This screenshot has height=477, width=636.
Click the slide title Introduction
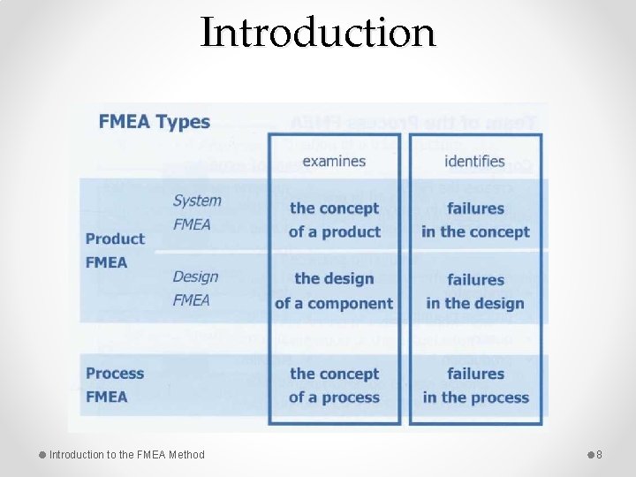(318, 33)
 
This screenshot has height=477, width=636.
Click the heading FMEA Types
(155, 122)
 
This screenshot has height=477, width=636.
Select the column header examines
(334, 161)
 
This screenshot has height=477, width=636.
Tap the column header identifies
(475, 161)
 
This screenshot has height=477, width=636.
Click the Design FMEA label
(195, 289)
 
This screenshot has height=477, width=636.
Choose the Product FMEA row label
(115, 250)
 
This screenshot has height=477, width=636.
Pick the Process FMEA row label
(115, 385)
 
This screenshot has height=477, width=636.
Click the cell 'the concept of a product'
(334, 220)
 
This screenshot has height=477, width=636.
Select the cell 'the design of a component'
(334, 291)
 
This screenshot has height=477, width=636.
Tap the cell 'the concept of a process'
(334, 385)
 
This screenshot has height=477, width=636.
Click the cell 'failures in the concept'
(475, 220)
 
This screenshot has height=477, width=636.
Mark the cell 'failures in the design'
(475, 291)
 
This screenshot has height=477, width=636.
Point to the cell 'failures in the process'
(475, 385)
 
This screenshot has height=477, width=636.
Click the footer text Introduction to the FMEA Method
(126, 455)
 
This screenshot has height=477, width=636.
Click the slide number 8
(599, 455)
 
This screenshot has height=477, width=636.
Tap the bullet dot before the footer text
(42, 455)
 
